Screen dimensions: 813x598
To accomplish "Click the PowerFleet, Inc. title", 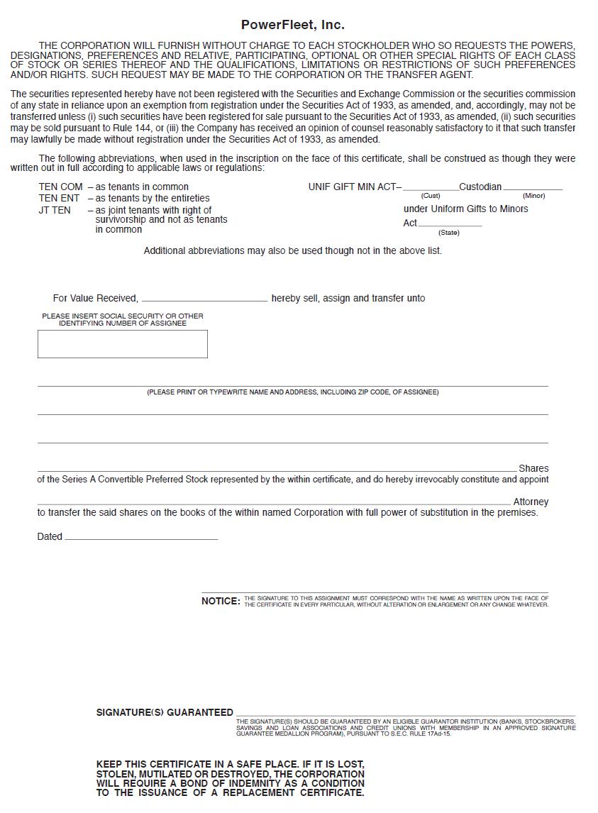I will tap(292, 25).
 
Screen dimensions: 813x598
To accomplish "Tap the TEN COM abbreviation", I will tap(60, 187).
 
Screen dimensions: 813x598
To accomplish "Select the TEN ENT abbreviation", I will tap(60, 199).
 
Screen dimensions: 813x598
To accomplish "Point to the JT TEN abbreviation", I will tap(55, 211).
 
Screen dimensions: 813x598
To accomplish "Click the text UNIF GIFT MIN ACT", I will tap(352, 187).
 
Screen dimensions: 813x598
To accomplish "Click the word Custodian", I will tap(480, 187).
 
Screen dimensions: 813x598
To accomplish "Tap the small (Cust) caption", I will tap(431, 196).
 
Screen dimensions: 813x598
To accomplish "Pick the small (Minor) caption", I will tap(533, 196).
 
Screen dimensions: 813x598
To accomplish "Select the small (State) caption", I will tap(448, 233).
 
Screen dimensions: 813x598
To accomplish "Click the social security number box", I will tap(122, 344).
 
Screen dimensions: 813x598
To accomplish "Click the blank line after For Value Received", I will tap(204, 299).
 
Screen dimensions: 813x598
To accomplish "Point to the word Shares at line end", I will tap(533, 469).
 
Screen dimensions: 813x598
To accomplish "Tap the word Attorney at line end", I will tap(531, 502).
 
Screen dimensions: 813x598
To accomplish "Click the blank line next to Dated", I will tap(141, 538).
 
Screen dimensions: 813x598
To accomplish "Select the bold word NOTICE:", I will tap(221, 602).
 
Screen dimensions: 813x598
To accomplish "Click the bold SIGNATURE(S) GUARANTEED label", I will tap(165, 713).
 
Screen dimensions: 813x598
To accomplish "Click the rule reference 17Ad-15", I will tap(438, 734).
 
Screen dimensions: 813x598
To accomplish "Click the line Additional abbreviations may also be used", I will tap(292, 251).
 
